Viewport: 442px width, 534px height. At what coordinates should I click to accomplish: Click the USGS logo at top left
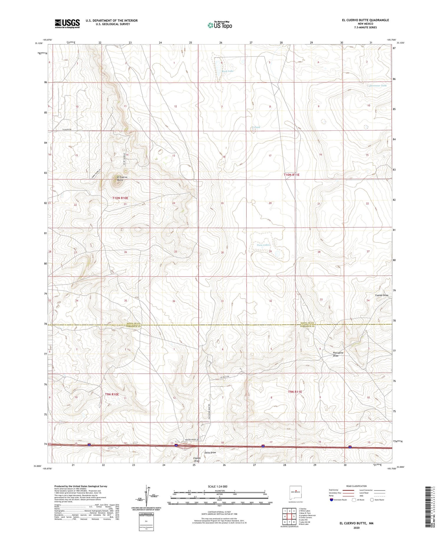(x=67, y=24)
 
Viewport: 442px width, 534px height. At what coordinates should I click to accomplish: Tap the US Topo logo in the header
(x=220, y=25)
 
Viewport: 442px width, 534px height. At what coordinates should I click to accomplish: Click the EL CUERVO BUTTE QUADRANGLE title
(x=365, y=20)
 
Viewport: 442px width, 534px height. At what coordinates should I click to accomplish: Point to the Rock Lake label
(x=227, y=71)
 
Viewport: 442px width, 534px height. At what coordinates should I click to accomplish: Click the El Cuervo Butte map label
(x=120, y=178)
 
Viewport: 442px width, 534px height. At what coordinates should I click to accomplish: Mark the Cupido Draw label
(x=382, y=295)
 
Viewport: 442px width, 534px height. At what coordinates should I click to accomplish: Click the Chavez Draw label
(x=197, y=459)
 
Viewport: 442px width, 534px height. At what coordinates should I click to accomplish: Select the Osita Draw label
(x=210, y=452)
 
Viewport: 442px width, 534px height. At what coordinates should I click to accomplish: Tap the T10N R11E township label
(x=291, y=175)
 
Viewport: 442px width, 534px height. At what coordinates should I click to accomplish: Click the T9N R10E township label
(x=112, y=394)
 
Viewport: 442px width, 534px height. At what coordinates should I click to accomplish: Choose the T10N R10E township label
(x=120, y=198)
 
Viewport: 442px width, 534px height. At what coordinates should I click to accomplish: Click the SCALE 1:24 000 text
(x=217, y=486)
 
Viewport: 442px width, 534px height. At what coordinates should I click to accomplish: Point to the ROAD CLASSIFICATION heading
(x=356, y=486)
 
